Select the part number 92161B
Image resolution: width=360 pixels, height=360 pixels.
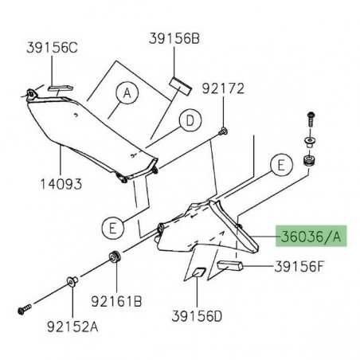[118, 303]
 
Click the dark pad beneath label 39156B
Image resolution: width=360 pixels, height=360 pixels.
[178, 84]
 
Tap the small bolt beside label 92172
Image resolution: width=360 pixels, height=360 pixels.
[225, 130]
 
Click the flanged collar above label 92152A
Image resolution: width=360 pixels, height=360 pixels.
[71, 280]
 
